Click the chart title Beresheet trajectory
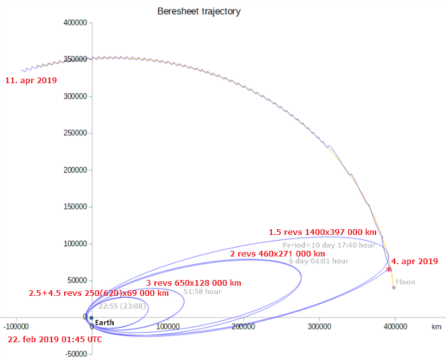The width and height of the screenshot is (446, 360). pyautogui.click(x=199, y=11)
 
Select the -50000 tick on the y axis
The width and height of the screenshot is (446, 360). pyautogui.click(x=74, y=354)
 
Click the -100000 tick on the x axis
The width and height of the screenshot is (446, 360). pyautogui.click(x=15, y=326)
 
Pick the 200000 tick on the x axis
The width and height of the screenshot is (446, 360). pyautogui.click(x=243, y=326)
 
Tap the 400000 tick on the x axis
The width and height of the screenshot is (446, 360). pyautogui.click(x=395, y=326)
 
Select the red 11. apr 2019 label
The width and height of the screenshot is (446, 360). pyautogui.click(x=30, y=81)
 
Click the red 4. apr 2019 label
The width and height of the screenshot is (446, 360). pyautogui.click(x=414, y=261)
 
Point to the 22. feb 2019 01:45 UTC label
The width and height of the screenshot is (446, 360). pyautogui.click(x=55, y=339)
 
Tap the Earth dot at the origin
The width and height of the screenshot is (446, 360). pyautogui.click(x=91, y=317)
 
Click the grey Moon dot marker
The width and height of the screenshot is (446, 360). pyautogui.click(x=394, y=287)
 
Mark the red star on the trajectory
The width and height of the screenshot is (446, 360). pyautogui.click(x=389, y=269)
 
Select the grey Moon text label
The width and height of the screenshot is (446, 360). pyautogui.click(x=405, y=282)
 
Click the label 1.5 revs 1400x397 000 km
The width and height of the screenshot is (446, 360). pyautogui.click(x=322, y=232)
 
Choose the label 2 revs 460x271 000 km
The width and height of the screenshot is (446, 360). pyautogui.click(x=277, y=253)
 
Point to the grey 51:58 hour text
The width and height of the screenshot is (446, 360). pyautogui.click(x=202, y=291)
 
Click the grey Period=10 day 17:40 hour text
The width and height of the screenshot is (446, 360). pyautogui.click(x=329, y=244)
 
